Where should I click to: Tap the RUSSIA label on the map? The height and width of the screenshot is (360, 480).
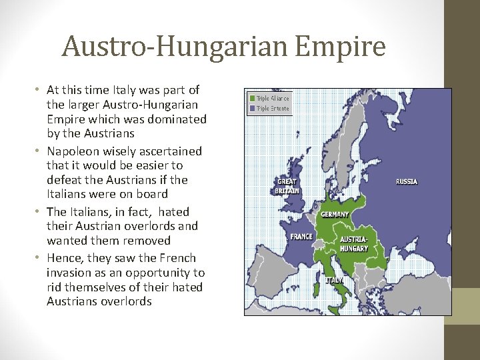(x=406, y=181)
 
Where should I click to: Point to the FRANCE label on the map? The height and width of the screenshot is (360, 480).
(x=301, y=236)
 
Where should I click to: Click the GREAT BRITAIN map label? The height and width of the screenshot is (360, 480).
(x=287, y=185)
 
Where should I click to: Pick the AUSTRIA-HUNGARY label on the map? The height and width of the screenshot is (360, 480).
(x=353, y=243)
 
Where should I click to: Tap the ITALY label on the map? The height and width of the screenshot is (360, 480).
(x=334, y=281)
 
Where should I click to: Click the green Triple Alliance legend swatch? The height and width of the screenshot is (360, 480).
(x=252, y=98)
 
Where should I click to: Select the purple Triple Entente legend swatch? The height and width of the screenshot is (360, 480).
(x=252, y=107)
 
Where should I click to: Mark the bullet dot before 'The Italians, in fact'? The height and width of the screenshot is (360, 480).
(x=39, y=212)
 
